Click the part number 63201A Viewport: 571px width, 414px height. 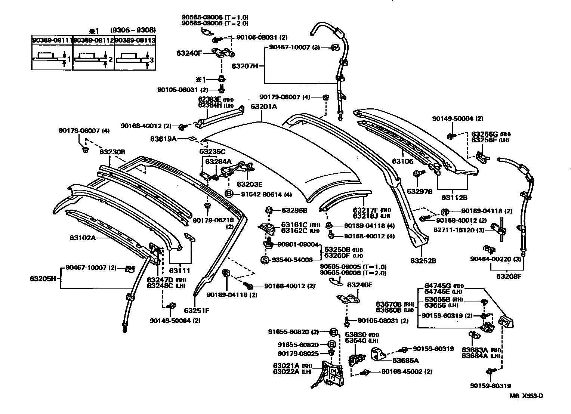pos(263,106)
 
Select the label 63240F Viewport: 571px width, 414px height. pos(189,53)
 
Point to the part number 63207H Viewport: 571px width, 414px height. pos(245,66)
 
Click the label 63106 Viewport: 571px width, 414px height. pos(402,161)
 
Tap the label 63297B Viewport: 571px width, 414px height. pos(419,191)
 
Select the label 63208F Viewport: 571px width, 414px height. pos(509,276)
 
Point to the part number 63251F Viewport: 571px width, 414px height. pos(197,310)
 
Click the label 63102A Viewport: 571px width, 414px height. pos(82,237)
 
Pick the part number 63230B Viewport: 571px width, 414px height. pos(112,152)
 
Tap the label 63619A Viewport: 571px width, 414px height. pos(163,139)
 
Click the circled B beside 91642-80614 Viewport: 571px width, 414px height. pos(229,194)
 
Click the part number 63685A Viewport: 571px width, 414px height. pos(405,361)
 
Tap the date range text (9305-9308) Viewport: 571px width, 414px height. pos(133,30)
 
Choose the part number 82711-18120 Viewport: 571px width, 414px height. pos(464,230)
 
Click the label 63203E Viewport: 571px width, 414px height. pos(249,184)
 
